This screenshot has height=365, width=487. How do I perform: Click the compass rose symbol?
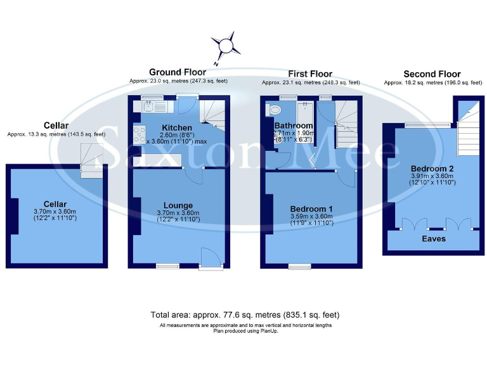(226, 46)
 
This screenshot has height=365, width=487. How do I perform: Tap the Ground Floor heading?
(178, 72)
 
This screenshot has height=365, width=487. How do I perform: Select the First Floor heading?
(310, 74)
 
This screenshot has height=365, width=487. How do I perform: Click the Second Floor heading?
(432, 74)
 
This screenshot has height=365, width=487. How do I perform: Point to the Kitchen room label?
(176, 128)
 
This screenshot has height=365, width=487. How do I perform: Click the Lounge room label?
(178, 205)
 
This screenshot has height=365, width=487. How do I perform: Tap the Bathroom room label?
(294, 125)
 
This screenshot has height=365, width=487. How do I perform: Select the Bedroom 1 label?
(311, 208)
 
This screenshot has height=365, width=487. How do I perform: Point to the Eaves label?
(434, 238)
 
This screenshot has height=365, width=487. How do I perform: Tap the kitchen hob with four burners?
(139, 135)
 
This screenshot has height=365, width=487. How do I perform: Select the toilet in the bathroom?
(276, 110)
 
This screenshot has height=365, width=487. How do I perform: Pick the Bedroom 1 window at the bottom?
(298, 267)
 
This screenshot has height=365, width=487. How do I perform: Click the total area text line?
(245, 315)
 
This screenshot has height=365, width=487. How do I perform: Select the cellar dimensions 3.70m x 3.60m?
(54, 212)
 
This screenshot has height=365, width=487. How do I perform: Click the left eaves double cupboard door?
(412, 224)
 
